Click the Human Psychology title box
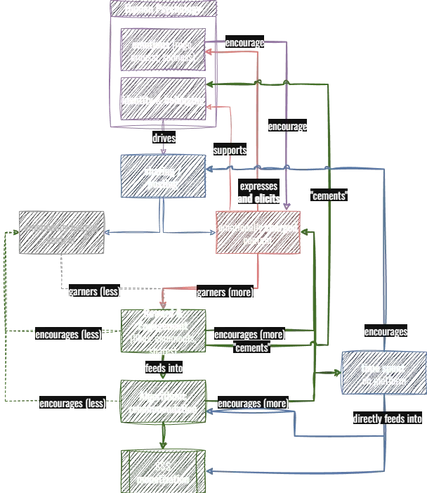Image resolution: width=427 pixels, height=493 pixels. coord(164,10)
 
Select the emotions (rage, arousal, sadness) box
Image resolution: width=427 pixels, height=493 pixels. coord(164,50)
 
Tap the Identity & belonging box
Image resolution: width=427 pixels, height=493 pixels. coord(164,101)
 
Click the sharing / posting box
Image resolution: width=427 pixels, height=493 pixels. coord(163,177)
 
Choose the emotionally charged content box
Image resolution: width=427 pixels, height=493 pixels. coord(257,233)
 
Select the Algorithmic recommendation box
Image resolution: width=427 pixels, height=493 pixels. coord(163,402)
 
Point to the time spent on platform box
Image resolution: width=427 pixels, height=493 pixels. coord(383,373)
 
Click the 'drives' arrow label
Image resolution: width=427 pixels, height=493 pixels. coord(164,139)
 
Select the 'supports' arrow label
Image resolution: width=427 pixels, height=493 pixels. coord(230,151)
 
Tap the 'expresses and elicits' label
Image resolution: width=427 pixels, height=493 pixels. coord(258,193)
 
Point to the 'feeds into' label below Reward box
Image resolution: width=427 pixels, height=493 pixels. coord(164,367)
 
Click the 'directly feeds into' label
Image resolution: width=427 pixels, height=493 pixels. coord(386,419)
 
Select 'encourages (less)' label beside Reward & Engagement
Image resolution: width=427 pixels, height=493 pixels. coord(67,335)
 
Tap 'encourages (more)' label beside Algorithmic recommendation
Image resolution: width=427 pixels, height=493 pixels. coord(253,404)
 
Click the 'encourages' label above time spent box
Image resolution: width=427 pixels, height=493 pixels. coord(385,331)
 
